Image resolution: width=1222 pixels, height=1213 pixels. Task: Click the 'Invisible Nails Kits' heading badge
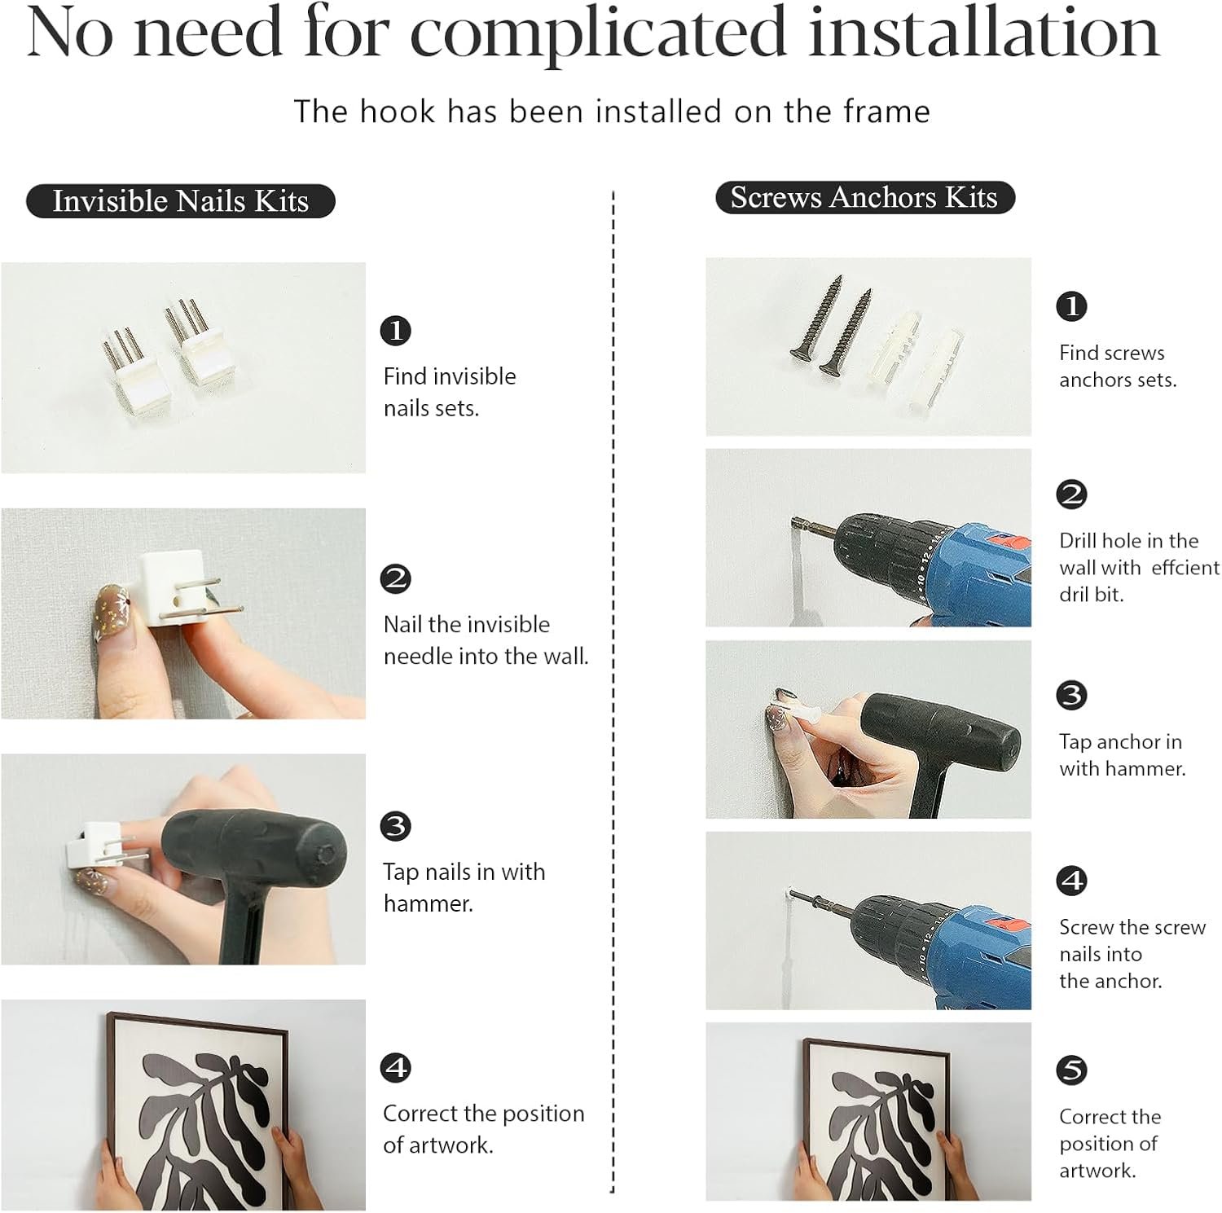(180, 200)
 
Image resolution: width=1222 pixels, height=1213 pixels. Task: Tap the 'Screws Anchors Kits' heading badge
(864, 197)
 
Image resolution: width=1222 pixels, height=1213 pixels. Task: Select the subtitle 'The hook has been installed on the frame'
(612, 112)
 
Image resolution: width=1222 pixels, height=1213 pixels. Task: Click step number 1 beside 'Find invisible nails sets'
(396, 331)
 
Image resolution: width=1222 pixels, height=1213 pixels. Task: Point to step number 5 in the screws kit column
(1071, 1070)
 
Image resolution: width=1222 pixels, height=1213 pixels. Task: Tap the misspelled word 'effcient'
(1185, 567)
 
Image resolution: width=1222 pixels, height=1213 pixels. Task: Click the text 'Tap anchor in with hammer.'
(1122, 754)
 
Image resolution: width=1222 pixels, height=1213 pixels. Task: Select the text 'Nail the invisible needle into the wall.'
(486, 639)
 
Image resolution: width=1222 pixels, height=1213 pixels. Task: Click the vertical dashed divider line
(613, 692)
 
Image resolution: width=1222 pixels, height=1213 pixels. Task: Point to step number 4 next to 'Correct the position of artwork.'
(396, 1067)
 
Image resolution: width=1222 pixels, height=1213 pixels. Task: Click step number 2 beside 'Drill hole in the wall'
(1071, 494)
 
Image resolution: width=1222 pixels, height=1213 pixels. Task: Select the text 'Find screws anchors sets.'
(1118, 366)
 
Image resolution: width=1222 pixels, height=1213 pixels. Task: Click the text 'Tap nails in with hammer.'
(464, 887)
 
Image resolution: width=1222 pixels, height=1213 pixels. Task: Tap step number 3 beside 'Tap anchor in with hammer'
(1071, 695)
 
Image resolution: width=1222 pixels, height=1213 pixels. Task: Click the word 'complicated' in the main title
(598, 34)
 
